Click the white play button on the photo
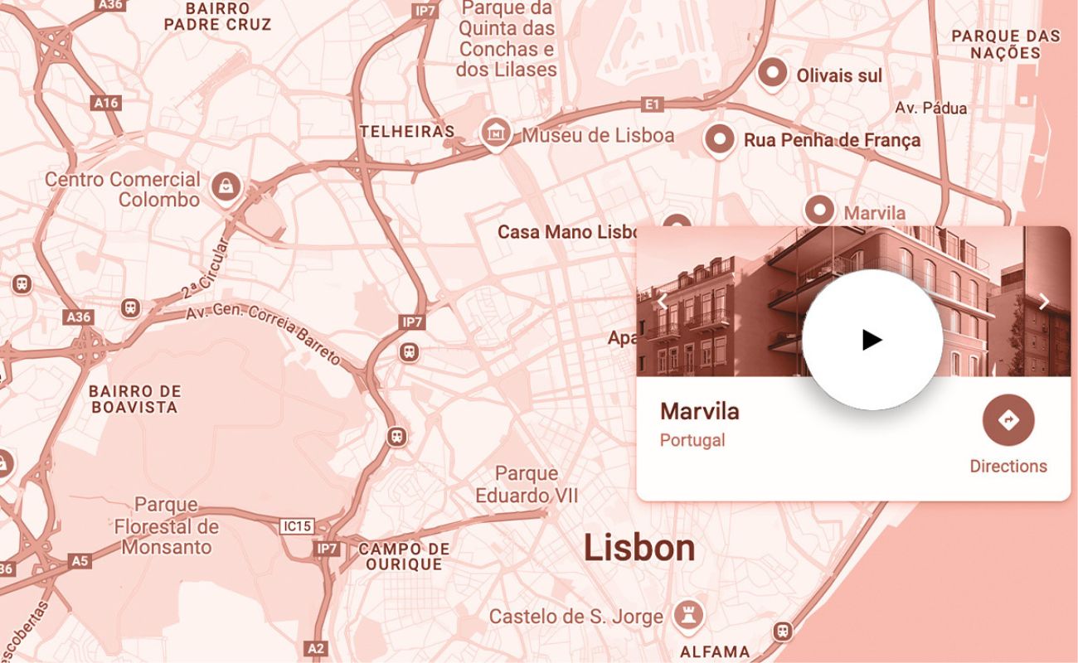(872, 340)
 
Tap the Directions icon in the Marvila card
(1008, 420)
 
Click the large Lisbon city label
(639, 548)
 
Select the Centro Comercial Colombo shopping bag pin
(226, 186)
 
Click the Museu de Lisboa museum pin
(496, 132)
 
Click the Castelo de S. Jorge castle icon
(690, 615)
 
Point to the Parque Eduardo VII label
(527, 485)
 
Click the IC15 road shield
(297, 525)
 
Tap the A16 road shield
(106, 103)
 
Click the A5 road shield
(79, 561)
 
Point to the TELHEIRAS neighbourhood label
(407, 131)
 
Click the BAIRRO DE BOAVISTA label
(134, 399)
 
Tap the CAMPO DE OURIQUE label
(405, 556)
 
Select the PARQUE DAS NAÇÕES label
(1006, 44)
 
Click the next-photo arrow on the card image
(1044, 302)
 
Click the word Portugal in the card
(692, 440)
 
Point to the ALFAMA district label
(715, 651)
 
